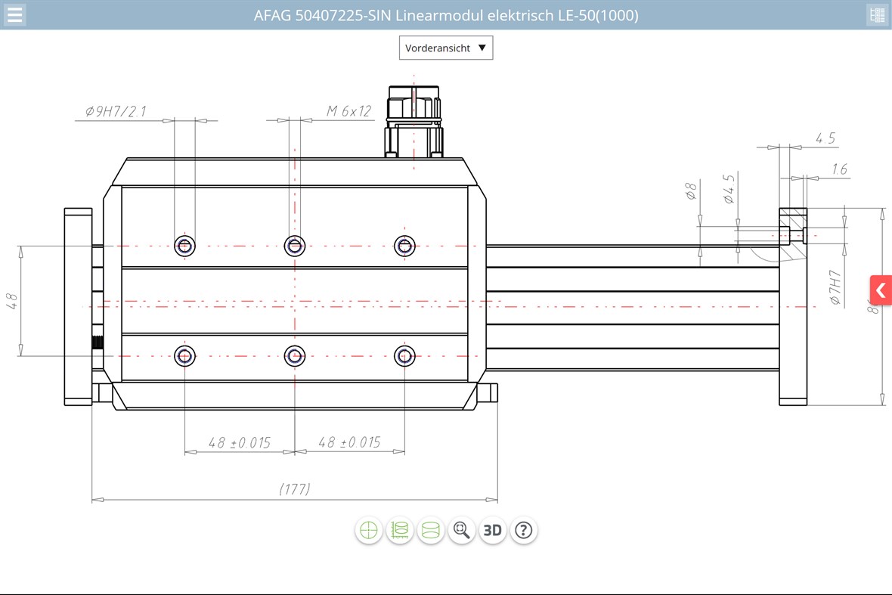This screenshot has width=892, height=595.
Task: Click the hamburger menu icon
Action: (14, 15)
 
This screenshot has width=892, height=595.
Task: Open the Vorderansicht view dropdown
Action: (446, 48)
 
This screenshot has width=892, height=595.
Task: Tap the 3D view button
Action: (492, 530)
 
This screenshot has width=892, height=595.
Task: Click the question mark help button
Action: (524, 530)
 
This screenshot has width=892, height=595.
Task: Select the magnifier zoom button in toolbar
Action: (461, 530)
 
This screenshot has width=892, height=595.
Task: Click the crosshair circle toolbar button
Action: (369, 530)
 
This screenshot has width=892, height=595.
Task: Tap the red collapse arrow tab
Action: (880, 290)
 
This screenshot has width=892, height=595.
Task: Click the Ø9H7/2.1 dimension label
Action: (116, 112)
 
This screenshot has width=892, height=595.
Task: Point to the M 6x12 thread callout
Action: (348, 111)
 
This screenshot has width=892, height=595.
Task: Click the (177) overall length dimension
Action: (295, 489)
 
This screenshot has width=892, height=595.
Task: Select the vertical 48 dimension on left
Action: (12, 301)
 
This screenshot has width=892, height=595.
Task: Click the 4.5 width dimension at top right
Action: (825, 138)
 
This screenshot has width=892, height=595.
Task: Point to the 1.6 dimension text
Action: (839, 169)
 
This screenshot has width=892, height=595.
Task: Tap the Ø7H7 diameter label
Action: (835, 287)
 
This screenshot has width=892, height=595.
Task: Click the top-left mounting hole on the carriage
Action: (184, 245)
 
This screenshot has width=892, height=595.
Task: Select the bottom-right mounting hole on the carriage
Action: (405, 355)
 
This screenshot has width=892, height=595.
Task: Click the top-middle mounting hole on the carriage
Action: (295, 245)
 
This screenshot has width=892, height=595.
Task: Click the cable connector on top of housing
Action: (413, 121)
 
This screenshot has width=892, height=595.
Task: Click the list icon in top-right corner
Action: (877, 15)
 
